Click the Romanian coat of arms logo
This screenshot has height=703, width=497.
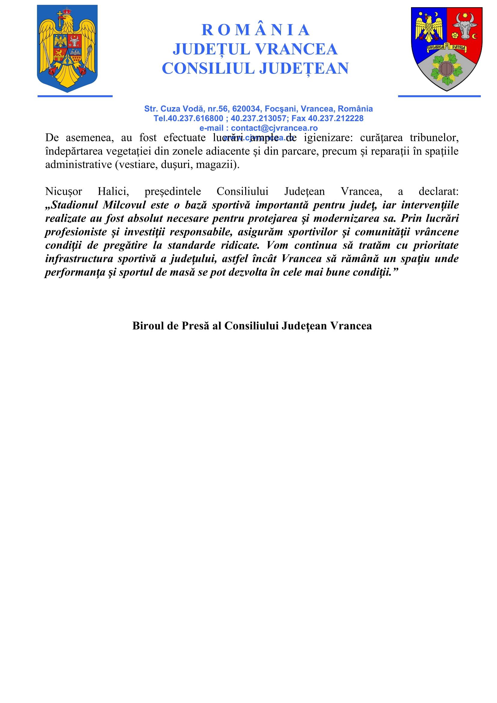click(x=67, y=48)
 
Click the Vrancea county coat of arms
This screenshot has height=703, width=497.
click(x=447, y=49)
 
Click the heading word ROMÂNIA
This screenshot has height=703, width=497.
click(x=255, y=30)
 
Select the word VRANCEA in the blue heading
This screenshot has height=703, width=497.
click(x=296, y=49)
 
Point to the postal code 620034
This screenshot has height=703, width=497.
click(x=246, y=109)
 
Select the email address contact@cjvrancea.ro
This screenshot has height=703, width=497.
click(x=274, y=128)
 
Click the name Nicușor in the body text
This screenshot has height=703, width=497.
click(x=64, y=191)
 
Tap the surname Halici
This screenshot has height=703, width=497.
click(x=113, y=191)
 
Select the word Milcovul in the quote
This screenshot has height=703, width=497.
click(x=124, y=205)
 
